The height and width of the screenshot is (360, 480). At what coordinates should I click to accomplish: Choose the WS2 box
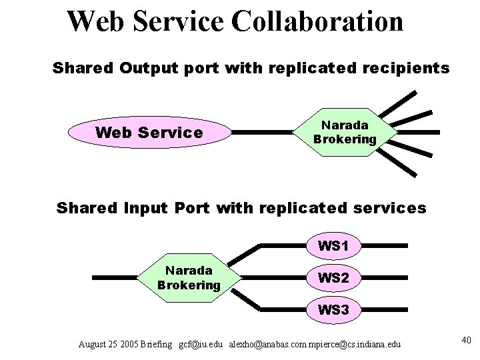[x=333, y=277]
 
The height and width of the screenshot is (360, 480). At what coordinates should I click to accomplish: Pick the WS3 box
[x=333, y=309]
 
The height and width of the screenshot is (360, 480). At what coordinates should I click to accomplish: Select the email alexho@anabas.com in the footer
[x=265, y=345]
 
